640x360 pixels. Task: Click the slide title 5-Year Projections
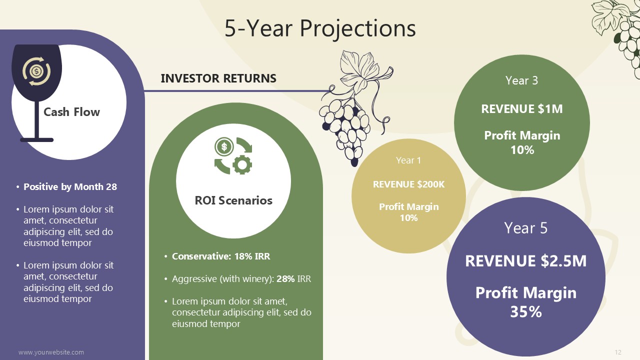[x=320, y=28]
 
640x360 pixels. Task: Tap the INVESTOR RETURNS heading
[x=218, y=78]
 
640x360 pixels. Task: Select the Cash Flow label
[x=71, y=112]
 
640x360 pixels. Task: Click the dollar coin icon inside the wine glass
[x=36, y=71]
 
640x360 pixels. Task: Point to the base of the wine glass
[x=36, y=140]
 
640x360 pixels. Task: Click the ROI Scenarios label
[x=233, y=200]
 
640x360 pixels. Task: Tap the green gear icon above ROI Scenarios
[x=242, y=164]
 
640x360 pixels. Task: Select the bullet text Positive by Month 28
[x=70, y=187]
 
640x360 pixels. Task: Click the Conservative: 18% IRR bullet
[x=221, y=256]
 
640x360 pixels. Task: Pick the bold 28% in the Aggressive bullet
[x=285, y=278]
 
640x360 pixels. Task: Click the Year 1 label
[x=408, y=160]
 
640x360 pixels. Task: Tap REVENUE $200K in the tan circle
[x=409, y=184]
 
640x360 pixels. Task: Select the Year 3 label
[x=521, y=80]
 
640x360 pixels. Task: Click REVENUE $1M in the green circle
[x=522, y=109]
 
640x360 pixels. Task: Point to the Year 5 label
[x=525, y=228]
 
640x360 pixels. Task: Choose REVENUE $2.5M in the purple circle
[x=525, y=261]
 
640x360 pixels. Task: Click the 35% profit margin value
[x=526, y=311]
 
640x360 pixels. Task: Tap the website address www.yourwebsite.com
[x=51, y=352]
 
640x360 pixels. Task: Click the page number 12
[x=618, y=352]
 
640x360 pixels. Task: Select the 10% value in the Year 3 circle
[x=522, y=150]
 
